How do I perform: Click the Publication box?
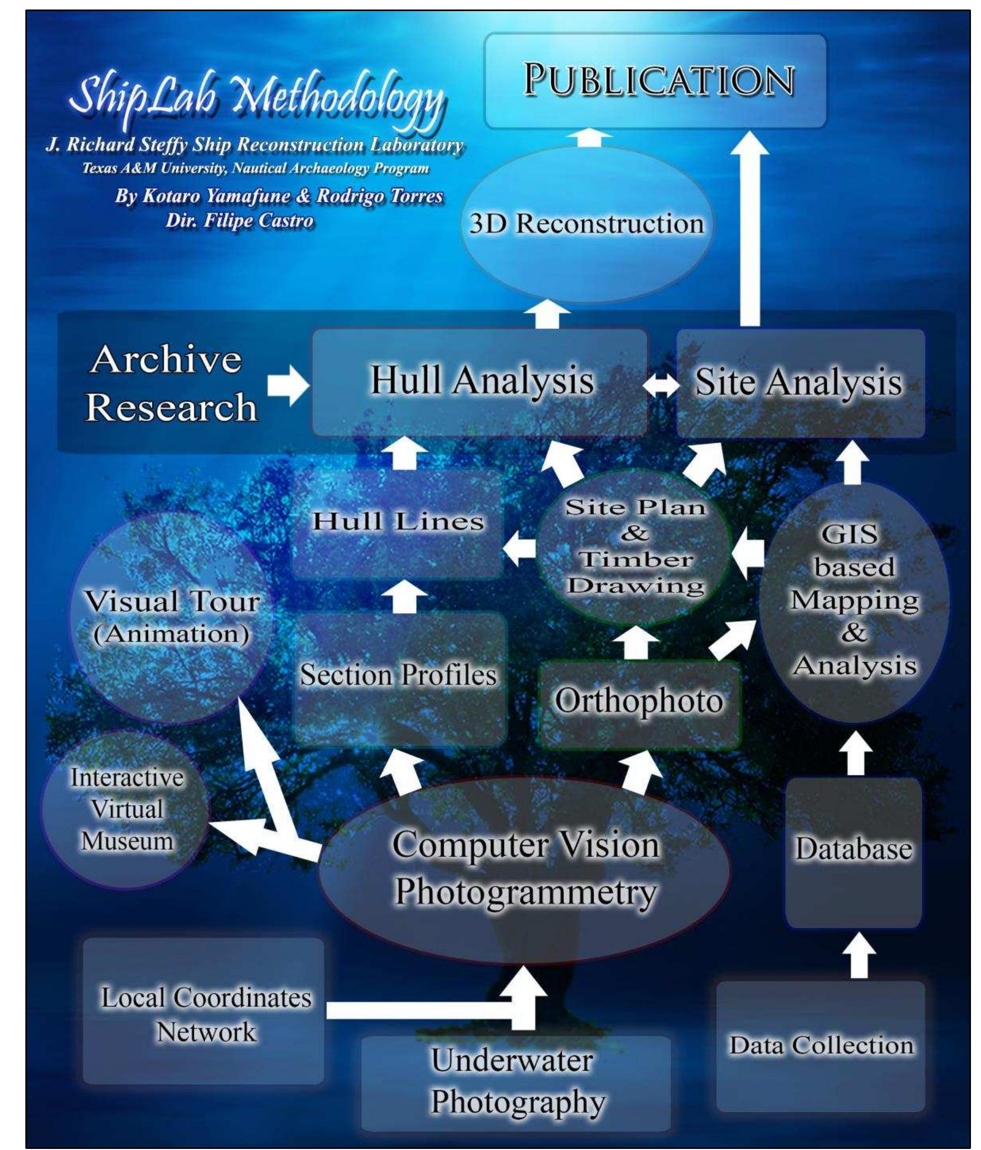(x=655, y=80)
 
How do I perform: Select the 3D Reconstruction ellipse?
(x=586, y=223)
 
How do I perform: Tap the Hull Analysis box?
(x=480, y=382)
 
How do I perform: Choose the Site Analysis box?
(x=799, y=383)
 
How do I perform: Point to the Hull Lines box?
(x=398, y=522)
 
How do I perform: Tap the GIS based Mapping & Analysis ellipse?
(x=853, y=602)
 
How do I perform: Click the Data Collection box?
(x=820, y=1045)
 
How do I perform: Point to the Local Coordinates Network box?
(x=204, y=1015)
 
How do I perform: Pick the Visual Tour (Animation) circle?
(x=172, y=617)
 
